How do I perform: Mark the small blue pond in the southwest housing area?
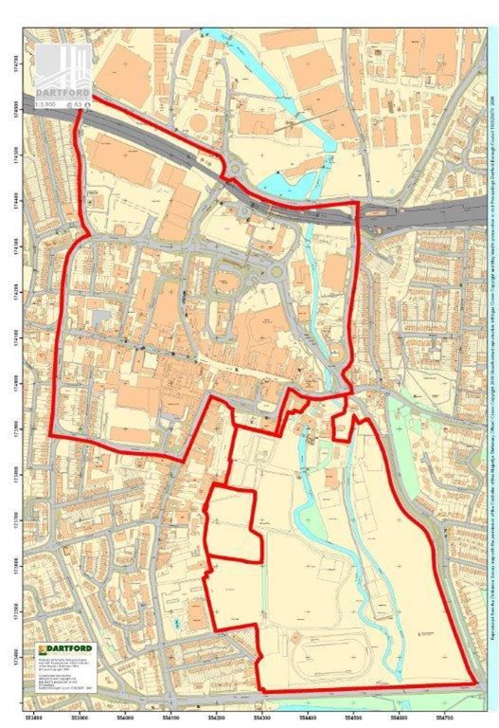[180, 624]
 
